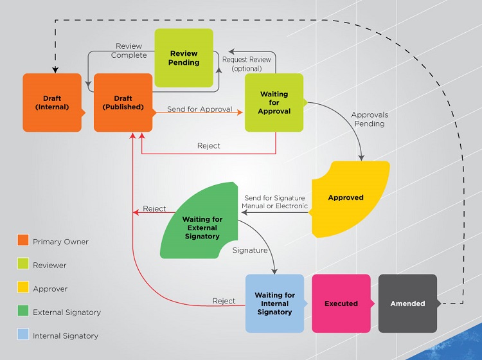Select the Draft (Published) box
click(123, 103)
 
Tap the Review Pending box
click(183, 58)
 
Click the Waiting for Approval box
click(274, 103)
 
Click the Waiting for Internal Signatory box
click(274, 303)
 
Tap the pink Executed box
click(341, 303)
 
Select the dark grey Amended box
click(407, 303)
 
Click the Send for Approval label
click(199, 109)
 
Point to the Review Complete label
click(129, 51)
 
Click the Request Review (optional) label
click(247, 64)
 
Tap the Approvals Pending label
click(370, 120)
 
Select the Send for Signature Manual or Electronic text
click(274, 202)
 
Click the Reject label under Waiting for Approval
click(208, 146)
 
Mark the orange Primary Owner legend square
click(22, 241)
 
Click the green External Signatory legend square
click(22, 312)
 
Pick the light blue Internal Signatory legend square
click(22, 335)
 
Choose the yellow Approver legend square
click(22, 289)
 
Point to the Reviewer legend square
click(22, 265)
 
